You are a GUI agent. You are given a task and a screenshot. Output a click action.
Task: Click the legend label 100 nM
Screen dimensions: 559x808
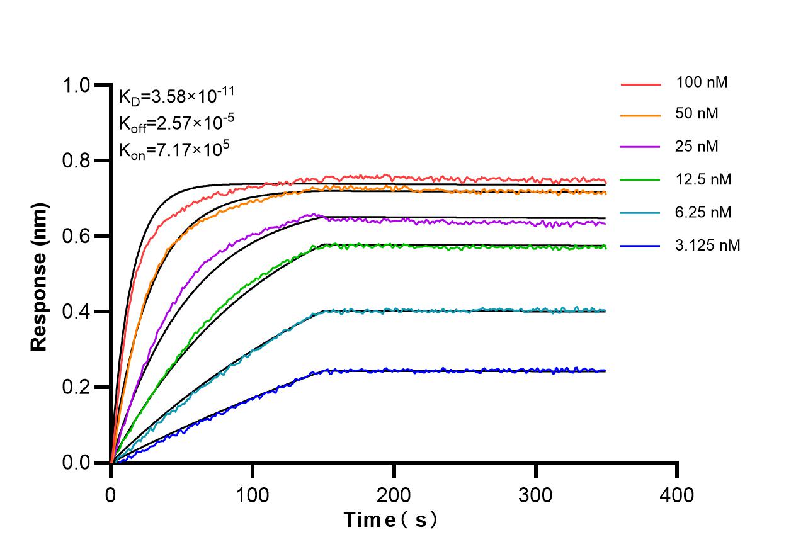[702, 82]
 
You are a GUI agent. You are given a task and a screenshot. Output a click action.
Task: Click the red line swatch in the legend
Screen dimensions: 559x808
[640, 83]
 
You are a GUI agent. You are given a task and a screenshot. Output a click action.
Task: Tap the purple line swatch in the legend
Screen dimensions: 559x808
[640, 147]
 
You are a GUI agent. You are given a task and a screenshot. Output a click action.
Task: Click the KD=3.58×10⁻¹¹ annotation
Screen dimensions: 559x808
[176, 96]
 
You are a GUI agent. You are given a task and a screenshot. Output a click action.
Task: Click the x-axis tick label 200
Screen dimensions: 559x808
[394, 495]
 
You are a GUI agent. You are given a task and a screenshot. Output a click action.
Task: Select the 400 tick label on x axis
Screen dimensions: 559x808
[678, 495]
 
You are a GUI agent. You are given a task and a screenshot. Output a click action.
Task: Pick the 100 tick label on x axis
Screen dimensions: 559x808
[253, 495]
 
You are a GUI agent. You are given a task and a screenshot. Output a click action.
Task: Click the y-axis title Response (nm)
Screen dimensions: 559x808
[40, 277]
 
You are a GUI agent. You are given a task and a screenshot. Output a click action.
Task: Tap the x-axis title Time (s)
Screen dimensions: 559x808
[390, 521]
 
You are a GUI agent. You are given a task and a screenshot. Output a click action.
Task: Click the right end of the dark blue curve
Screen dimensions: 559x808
[605, 371]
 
